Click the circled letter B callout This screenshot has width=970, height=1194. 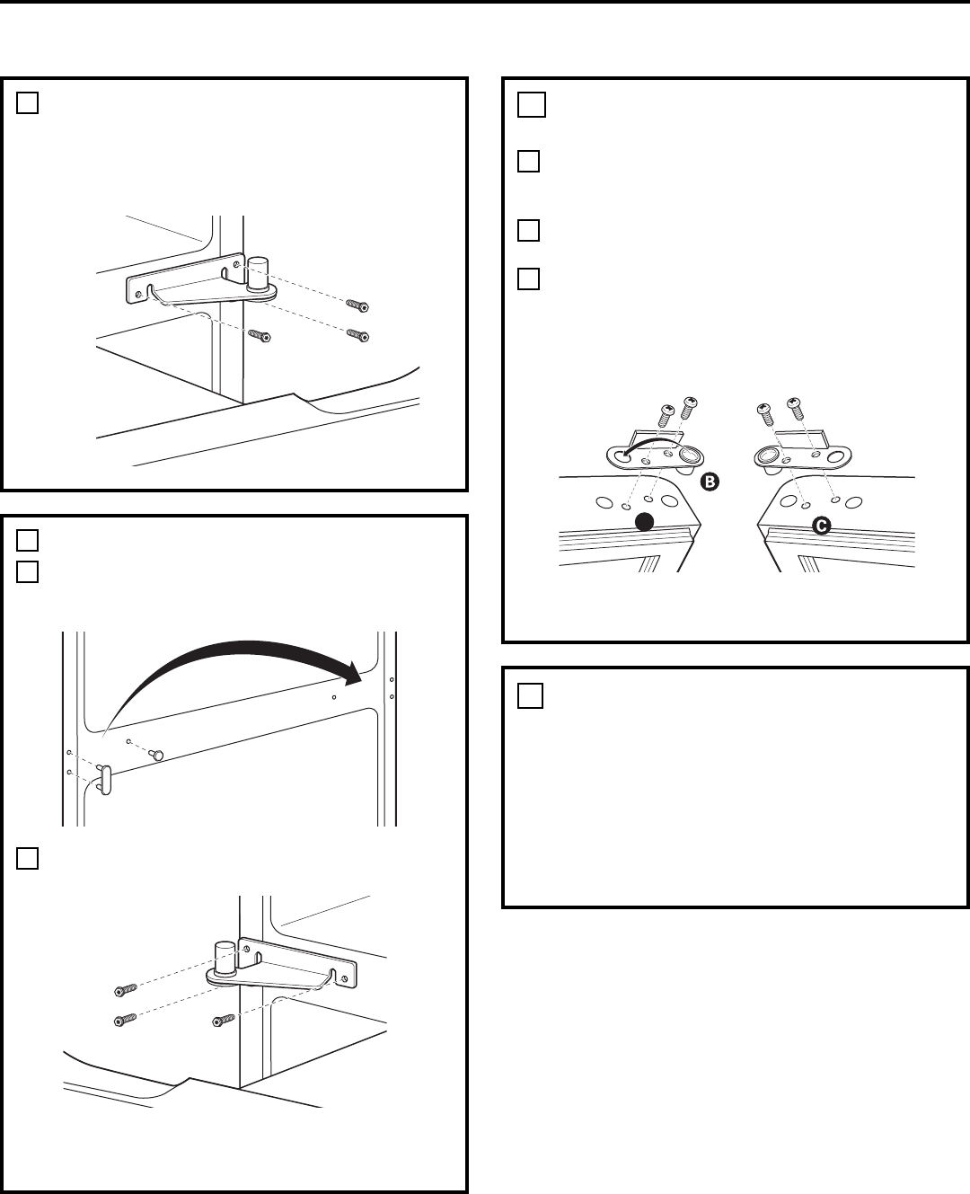(x=710, y=482)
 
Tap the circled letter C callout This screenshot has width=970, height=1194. (x=822, y=526)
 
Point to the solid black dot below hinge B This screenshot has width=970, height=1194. (x=645, y=522)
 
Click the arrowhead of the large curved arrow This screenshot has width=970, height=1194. (x=352, y=674)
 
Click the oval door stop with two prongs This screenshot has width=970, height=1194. (x=105, y=781)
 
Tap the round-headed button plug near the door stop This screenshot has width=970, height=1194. (x=157, y=756)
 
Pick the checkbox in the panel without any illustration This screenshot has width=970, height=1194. (x=530, y=695)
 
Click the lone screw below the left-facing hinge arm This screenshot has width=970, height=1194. (x=225, y=1022)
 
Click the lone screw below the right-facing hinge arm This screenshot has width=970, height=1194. (x=260, y=335)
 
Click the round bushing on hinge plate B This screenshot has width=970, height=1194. (x=691, y=455)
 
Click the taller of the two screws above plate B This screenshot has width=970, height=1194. (x=689, y=408)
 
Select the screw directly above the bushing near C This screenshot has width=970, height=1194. (x=765, y=414)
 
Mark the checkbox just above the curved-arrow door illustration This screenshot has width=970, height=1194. (x=27, y=571)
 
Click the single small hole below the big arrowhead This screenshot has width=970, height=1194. (x=334, y=697)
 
